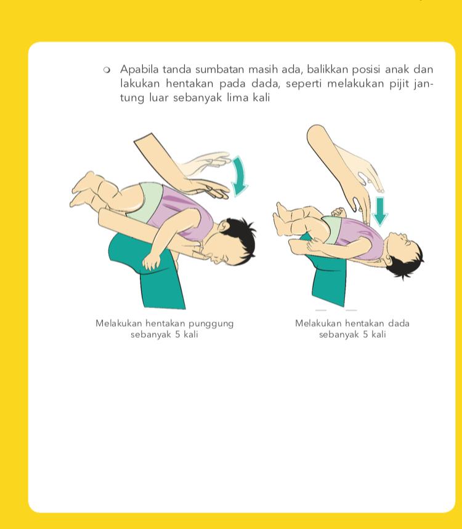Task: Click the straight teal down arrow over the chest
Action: click(380, 212)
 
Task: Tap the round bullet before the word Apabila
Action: click(107, 70)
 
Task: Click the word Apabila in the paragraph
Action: click(139, 70)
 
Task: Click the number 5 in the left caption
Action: click(177, 335)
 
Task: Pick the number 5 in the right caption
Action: click(366, 335)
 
